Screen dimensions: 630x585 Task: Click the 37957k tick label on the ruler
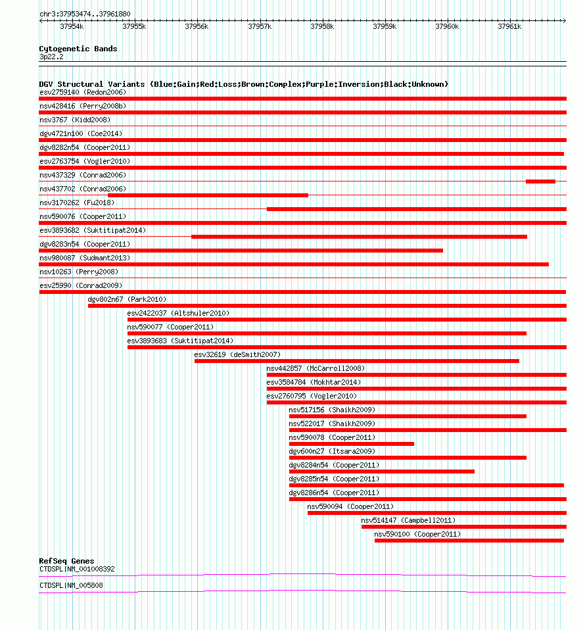260,26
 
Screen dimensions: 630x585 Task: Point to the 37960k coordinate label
447,26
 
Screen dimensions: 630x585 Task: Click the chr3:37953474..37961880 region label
85,14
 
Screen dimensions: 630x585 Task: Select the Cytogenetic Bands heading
78,49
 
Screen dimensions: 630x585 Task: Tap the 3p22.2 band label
51,57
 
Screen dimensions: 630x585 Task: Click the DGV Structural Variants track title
243,84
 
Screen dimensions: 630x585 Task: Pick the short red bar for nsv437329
540,182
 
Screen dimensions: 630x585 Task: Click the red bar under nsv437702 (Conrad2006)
208,195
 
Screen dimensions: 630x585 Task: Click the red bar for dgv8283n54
241,251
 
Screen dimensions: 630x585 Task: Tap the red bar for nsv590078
351,444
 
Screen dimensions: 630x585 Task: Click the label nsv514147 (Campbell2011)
408,520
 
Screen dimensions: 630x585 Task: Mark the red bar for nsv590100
469,541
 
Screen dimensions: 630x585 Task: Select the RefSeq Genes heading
66,561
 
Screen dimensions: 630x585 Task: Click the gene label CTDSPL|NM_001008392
77,569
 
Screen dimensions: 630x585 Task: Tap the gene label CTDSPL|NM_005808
71,585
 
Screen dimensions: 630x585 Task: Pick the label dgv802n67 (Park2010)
127,299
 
